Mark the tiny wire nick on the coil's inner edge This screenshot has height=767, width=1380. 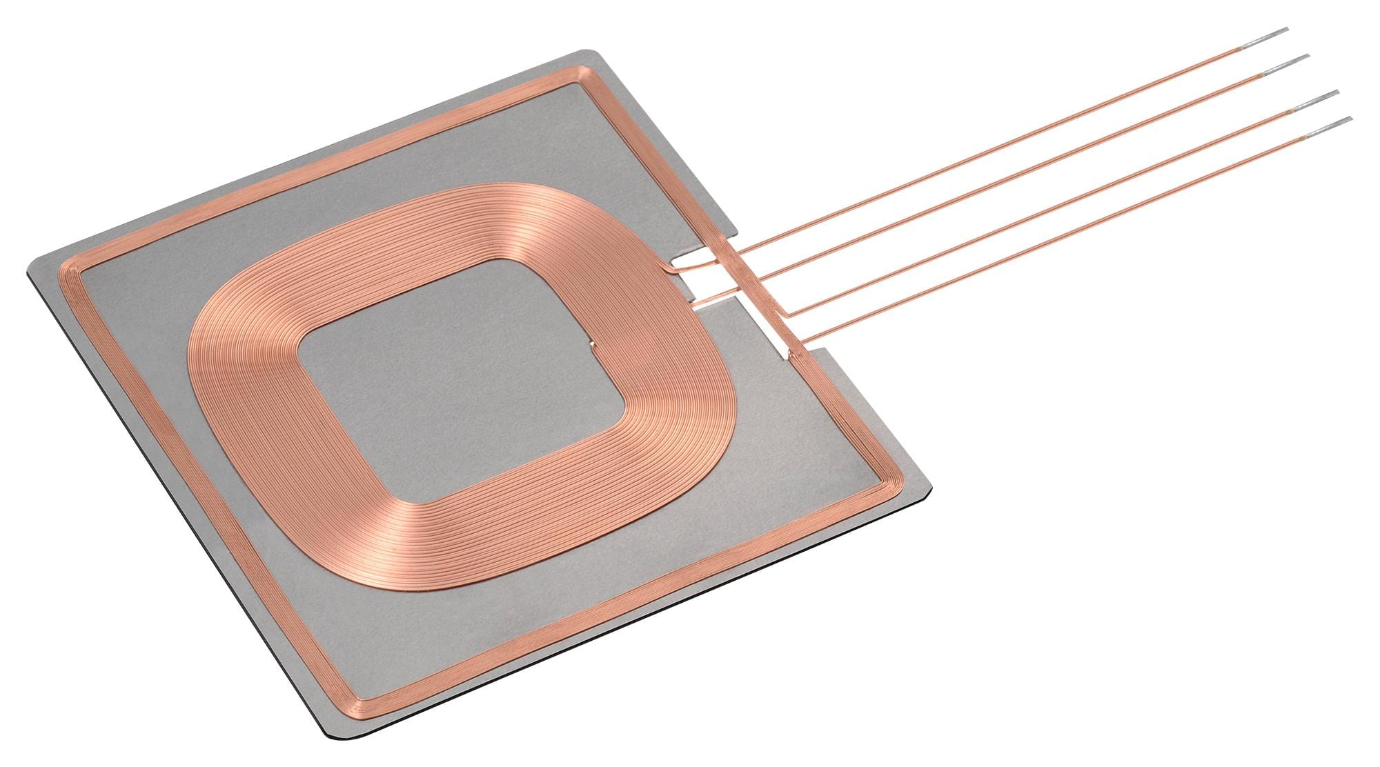point(591,343)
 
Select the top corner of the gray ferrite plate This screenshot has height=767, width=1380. point(593,51)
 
